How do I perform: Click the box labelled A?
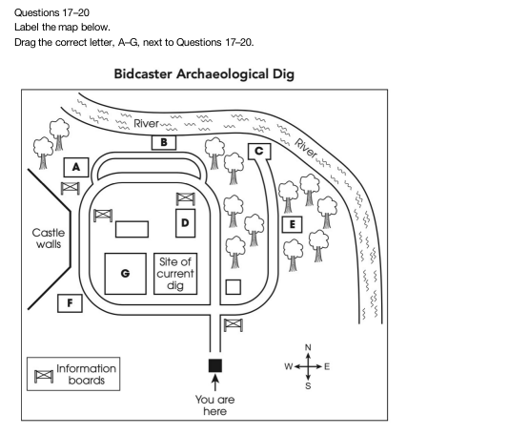76,167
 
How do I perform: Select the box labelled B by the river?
164,142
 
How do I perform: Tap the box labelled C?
259,152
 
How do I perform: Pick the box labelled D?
185,223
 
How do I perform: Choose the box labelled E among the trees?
293,224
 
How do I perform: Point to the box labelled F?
70,303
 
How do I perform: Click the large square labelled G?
125,274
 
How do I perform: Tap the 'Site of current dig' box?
175,274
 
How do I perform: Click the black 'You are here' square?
215,365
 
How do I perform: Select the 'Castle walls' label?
49,238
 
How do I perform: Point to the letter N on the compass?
308,347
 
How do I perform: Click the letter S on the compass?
308,386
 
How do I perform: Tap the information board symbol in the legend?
44,376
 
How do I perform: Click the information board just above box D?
185,199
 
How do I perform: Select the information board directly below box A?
71,188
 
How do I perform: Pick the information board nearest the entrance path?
234,325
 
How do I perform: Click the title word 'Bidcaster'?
143,74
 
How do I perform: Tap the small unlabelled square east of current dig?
234,287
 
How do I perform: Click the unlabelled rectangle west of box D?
132,229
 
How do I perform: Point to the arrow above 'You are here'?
214,383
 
